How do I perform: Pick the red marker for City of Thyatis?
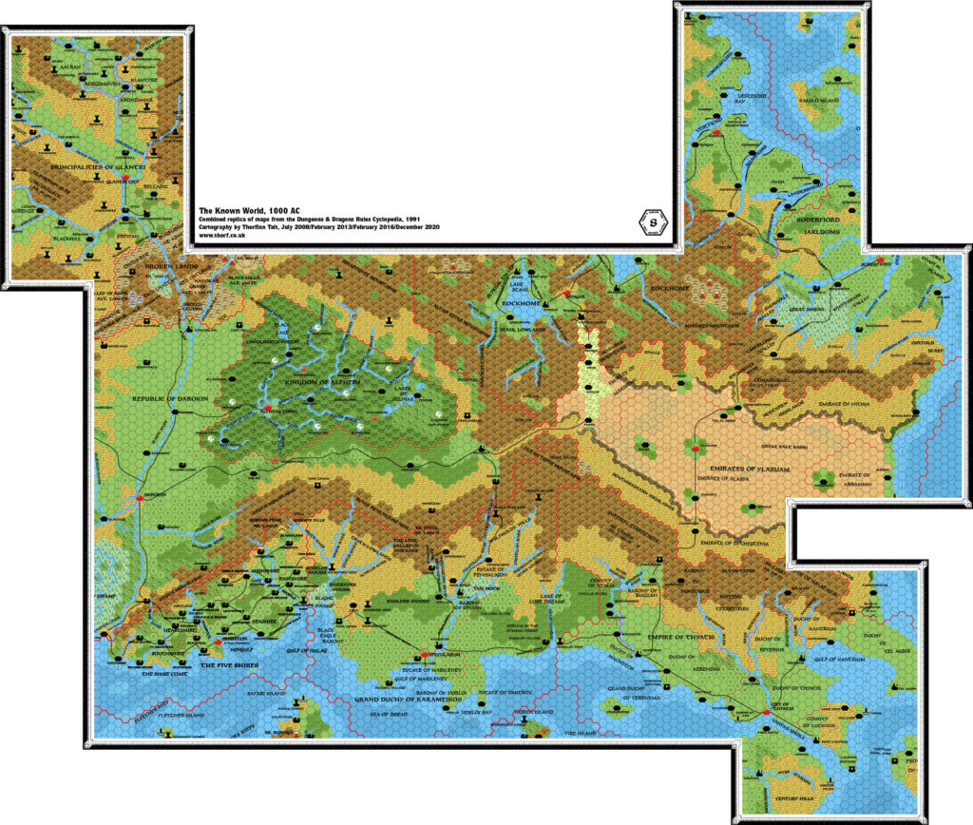767,712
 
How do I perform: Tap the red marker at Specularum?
424,655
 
